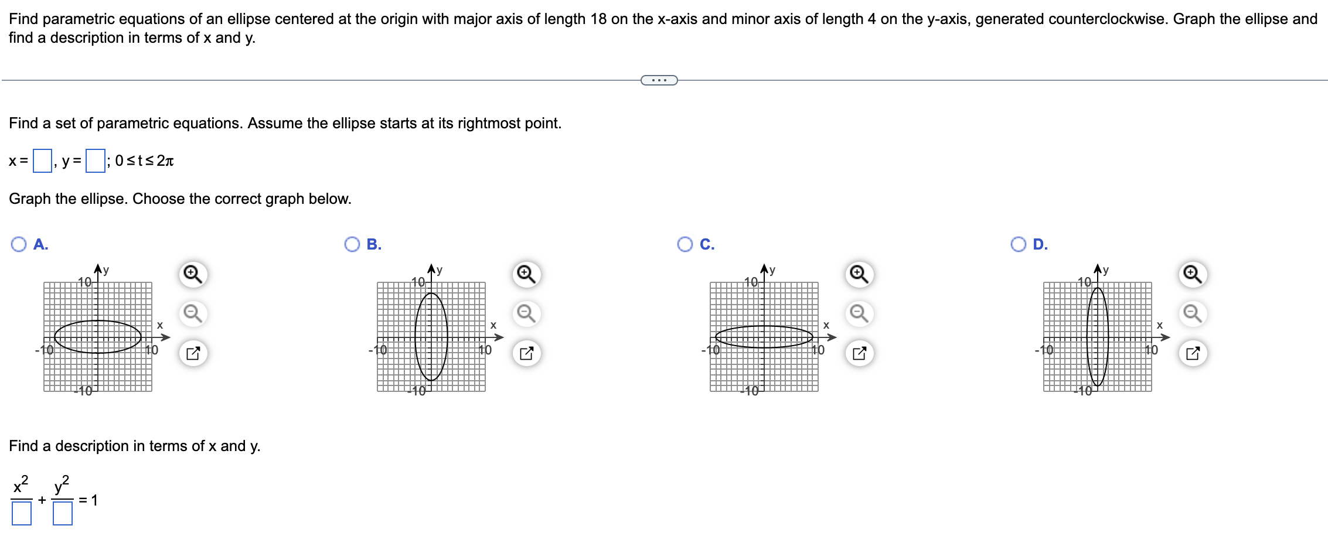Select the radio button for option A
19,244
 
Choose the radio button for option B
352,244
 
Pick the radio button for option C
685,244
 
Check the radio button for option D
1019,244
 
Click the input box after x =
42,161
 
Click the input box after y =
95,161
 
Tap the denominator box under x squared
22,513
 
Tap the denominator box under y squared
63,513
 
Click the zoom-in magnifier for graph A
193,274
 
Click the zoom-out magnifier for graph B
526,313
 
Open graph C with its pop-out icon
859,353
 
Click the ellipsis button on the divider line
659,80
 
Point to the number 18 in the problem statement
598,19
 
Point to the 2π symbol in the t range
165,161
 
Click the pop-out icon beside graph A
193,353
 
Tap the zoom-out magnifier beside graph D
1193,313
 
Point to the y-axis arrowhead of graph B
431,269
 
